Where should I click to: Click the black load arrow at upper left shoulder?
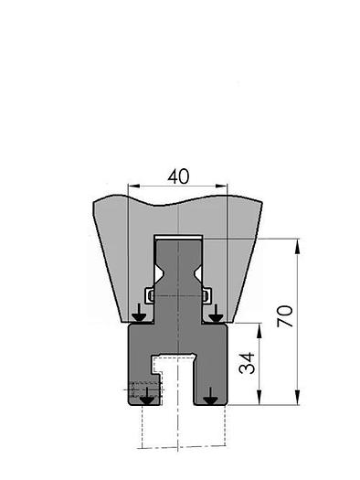pos(138,315)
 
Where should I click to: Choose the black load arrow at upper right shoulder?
pos(216,315)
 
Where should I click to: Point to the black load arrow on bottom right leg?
pos(210,397)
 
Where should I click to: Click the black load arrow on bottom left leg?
pos(146,397)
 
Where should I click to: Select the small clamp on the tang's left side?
pos(150,295)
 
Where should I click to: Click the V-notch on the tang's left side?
pos(160,273)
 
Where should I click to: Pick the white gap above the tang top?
pos(177,237)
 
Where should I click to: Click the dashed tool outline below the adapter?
pos(177,430)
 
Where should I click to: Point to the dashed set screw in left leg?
pos(142,392)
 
